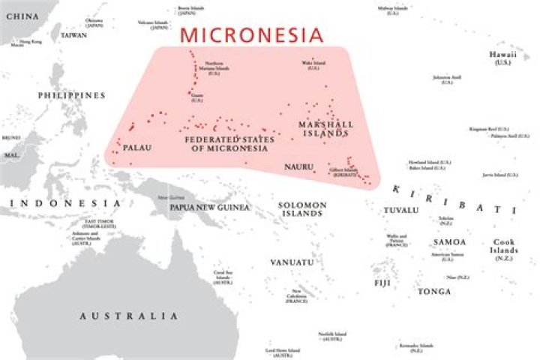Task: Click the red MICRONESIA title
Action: coord(253,34)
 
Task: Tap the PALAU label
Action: coord(136,148)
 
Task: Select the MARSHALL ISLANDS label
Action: coord(324,128)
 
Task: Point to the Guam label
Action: coord(197,98)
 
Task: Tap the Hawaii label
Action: coord(502,57)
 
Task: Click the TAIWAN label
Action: coord(73,35)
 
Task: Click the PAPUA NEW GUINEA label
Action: coord(208,207)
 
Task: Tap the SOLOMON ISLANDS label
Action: coord(301,208)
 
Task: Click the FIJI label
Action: coord(382,283)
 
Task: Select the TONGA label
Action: coord(435,291)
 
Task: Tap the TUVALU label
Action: coord(401,210)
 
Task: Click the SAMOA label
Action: coord(449,242)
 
